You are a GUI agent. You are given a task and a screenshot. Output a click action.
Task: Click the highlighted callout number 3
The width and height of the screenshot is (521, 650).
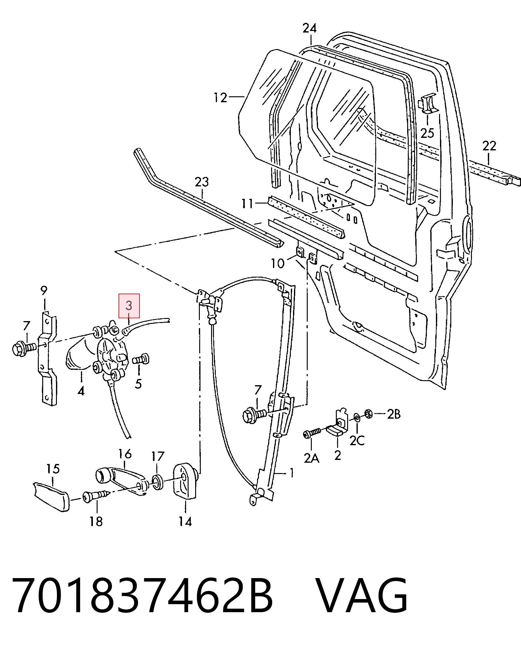click(x=129, y=305)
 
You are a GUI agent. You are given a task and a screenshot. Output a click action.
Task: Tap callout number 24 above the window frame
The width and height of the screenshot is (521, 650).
click(x=310, y=28)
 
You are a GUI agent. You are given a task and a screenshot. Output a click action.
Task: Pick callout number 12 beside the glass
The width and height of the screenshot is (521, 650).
click(x=220, y=98)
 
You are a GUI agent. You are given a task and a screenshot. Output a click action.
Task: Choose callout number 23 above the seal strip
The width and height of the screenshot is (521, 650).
click(x=202, y=182)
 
